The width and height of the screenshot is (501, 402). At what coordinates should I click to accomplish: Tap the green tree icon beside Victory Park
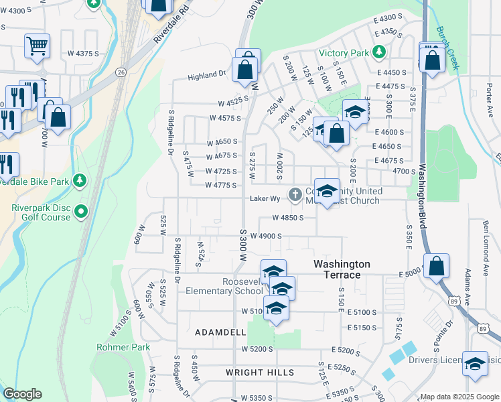pos(380,52)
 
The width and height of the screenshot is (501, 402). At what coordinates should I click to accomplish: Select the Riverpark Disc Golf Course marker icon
pos(81,212)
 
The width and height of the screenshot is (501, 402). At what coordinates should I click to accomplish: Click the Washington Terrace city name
pos(342,270)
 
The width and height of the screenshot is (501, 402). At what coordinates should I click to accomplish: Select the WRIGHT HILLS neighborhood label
pos(259,373)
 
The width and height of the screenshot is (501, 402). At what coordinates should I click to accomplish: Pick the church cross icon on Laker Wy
pos(294,195)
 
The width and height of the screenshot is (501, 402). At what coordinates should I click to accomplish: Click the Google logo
pos(22,394)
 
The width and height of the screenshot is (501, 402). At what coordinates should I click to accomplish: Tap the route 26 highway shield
pos(121,72)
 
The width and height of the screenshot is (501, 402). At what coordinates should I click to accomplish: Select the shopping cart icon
pos(37,46)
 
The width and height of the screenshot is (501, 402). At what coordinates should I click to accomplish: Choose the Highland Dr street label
pos(206,76)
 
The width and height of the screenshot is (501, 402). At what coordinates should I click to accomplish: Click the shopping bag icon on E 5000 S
pos(436,267)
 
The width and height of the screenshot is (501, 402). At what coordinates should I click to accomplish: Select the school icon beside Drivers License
pos(475,364)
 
